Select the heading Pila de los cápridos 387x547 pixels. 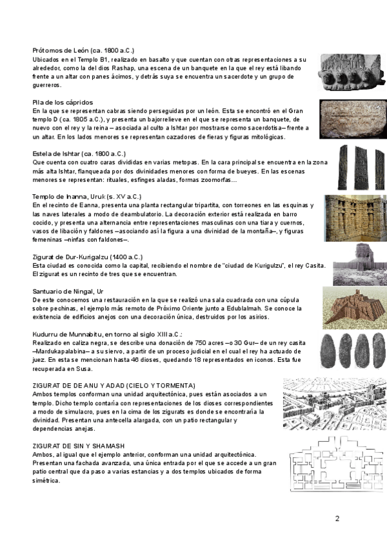(x=63, y=103)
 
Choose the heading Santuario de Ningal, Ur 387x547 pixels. (x=68, y=292)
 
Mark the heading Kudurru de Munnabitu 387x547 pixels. (x=107, y=334)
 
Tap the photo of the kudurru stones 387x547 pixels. (x=350, y=352)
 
